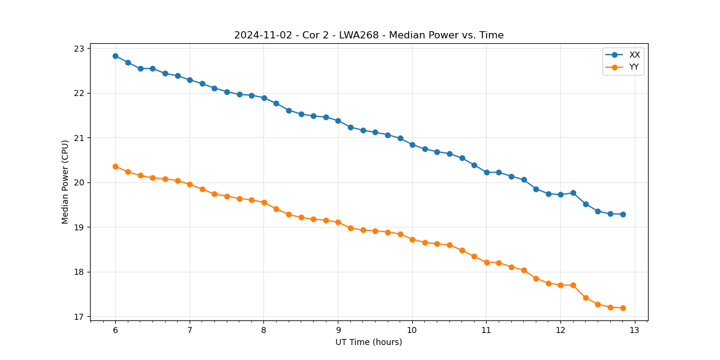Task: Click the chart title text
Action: point(368,35)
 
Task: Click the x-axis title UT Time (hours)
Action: point(368,342)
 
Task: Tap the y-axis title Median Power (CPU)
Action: point(65,182)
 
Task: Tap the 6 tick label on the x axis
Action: point(115,331)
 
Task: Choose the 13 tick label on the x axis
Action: point(635,331)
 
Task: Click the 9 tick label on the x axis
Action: point(338,331)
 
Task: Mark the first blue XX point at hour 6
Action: point(115,56)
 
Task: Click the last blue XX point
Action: point(623,214)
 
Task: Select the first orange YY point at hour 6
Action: point(115,166)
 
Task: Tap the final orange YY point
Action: point(623,308)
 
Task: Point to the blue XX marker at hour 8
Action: point(264,98)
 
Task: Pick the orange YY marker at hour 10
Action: point(412,239)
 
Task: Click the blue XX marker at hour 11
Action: point(487,172)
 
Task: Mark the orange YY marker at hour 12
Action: point(560,285)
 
